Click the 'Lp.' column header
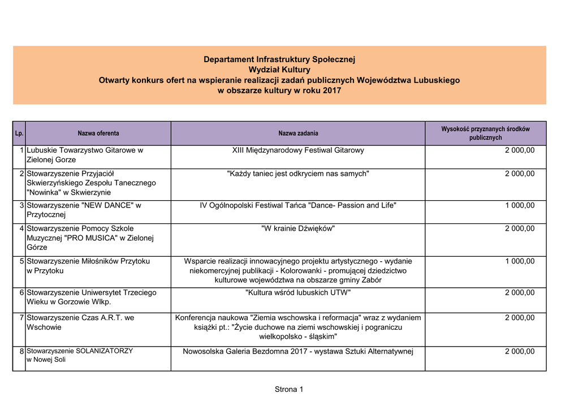click(x=19, y=133)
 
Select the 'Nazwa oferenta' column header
click(x=98, y=133)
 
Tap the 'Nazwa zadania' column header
click(x=298, y=133)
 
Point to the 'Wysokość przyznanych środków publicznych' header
click(x=485, y=133)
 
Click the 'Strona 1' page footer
click(x=289, y=389)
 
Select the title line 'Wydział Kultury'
click(x=279, y=70)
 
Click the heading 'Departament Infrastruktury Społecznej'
click(x=279, y=59)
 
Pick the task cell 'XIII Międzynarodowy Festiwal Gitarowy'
click(x=298, y=150)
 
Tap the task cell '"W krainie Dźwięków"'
click(x=298, y=228)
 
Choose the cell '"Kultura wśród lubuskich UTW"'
click(x=298, y=292)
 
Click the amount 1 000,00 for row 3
click(x=520, y=205)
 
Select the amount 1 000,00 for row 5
click(x=520, y=261)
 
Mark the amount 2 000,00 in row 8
click(x=520, y=351)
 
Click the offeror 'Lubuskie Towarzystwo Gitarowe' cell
click(x=85, y=155)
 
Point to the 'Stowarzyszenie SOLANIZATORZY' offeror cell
click(x=80, y=355)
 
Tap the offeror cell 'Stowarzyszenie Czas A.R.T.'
click(x=80, y=322)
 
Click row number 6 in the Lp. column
click(x=21, y=292)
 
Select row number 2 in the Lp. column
click(x=21, y=174)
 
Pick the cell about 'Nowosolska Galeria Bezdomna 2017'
click(x=298, y=352)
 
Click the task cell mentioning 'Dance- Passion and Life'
click(x=298, y=205)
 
